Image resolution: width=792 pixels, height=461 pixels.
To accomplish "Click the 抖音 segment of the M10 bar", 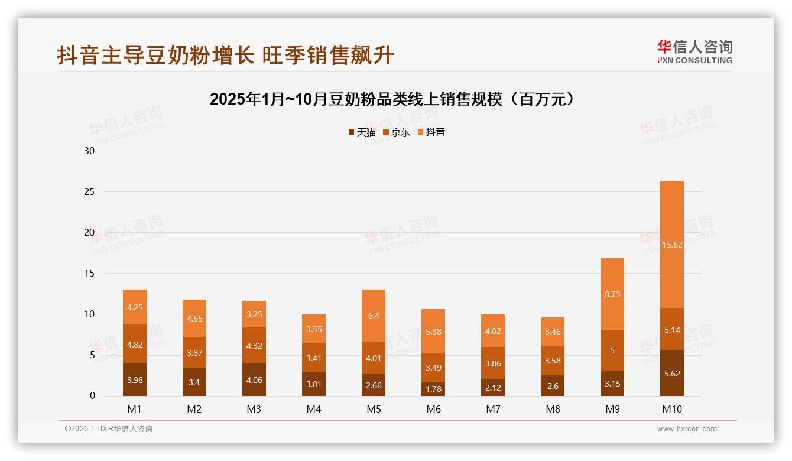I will point(672,244).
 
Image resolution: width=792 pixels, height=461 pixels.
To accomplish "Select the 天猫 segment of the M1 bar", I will point(135,379).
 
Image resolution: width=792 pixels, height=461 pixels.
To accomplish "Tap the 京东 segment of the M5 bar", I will point(374,358).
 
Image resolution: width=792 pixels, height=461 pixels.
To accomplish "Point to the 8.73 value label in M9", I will point(612,294).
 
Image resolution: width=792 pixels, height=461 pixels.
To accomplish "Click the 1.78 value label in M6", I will point(433,388).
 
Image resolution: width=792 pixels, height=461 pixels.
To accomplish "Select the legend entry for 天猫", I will point(362,132).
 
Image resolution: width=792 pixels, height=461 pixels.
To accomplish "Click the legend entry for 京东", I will point(397,132).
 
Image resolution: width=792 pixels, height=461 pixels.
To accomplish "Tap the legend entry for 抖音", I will point(431,132).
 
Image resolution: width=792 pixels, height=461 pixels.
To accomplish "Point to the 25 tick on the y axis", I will point(90,192).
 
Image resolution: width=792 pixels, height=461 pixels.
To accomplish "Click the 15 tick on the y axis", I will point(90,274).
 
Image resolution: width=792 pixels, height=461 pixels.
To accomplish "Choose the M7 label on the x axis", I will point(493,409).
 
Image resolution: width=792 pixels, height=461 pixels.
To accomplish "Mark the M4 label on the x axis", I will point(314,409).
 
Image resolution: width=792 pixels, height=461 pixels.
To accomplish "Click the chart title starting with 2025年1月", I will point(392,99).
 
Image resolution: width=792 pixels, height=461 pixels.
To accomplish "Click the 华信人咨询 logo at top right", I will point(694,51).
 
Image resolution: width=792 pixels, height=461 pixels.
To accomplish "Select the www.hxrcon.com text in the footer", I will point(687,429).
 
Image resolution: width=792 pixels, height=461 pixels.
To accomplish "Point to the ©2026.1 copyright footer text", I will point(109,429).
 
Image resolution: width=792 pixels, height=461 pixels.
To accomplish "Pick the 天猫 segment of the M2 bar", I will point(194,382).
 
